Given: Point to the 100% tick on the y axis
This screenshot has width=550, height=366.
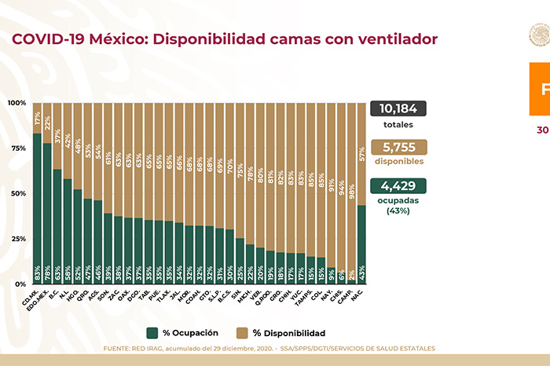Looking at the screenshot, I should click(17, 103).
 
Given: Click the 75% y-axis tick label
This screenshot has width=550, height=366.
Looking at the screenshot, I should click(17, 148).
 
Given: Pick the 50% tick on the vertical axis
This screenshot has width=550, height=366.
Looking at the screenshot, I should click(17, 193).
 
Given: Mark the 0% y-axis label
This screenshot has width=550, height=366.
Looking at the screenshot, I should click(20, 284).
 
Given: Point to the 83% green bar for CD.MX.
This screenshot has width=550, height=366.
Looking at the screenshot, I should click(37, 208).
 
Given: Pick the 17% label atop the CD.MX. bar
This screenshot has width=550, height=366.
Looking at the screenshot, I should click(37, 119).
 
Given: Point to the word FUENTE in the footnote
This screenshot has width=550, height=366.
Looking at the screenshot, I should click(118, 348).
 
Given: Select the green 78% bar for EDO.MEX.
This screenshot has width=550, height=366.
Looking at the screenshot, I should click(47, 213).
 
